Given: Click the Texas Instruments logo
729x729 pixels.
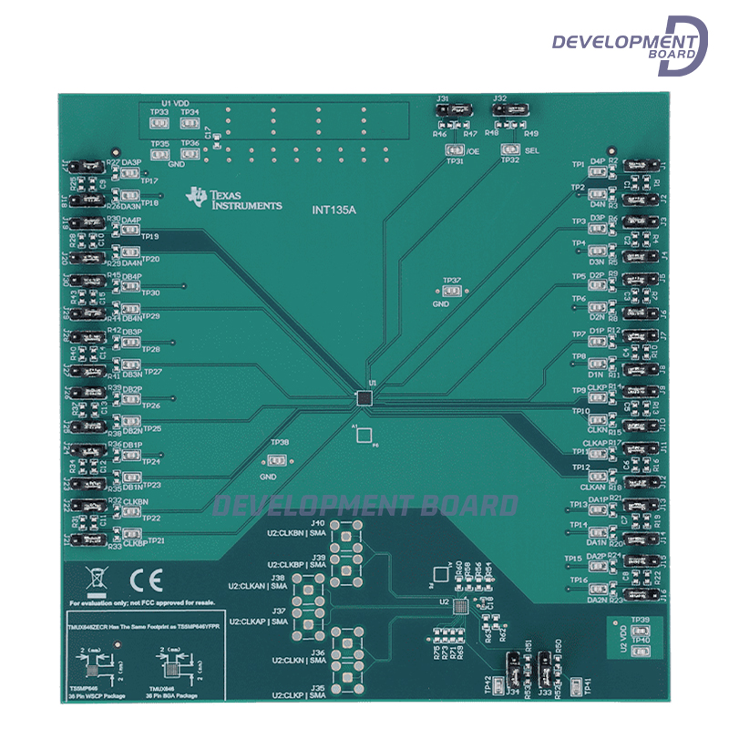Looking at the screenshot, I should (x=233, y=200).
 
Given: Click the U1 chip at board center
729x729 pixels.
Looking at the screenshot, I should (x=364, y=397).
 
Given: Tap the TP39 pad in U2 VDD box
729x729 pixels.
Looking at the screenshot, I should (x=641, y=631).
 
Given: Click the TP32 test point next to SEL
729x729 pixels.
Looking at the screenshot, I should (x=509, y=150).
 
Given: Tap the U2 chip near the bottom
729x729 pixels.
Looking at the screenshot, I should (x=461, y=606).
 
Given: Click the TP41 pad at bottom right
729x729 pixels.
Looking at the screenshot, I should (x=575, y=683).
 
